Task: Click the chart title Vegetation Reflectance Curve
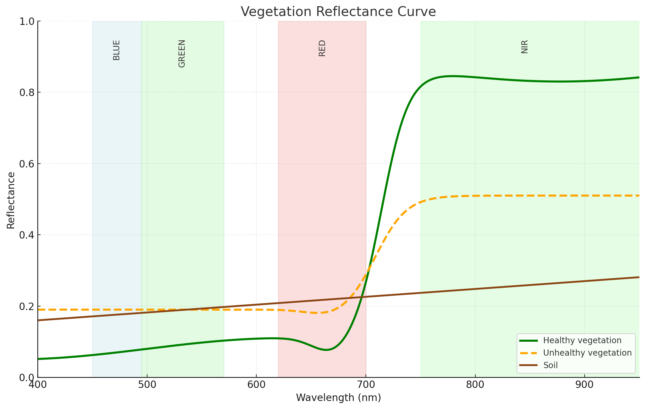(338, 12)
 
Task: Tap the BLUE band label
(117, 50)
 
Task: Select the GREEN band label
(182, 54)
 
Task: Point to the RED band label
(322, 48)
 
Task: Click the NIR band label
(525, 47)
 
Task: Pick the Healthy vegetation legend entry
(582, 341)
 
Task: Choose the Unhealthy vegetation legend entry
(587, 353)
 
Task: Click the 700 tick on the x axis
(366, 385)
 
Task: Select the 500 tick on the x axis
(147, 385)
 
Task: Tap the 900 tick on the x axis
(585, 385)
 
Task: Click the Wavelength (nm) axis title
(338, 398)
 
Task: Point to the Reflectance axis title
(11, 200)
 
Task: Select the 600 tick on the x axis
(256, 385)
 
